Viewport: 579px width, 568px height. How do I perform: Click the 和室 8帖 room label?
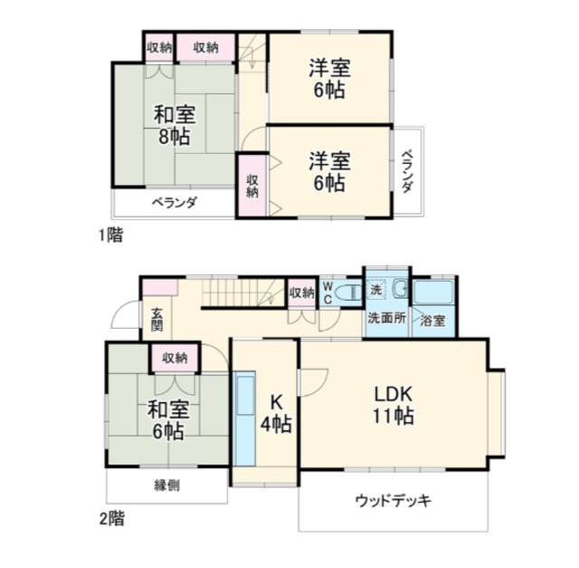pyautogui.click(x=175, y=125)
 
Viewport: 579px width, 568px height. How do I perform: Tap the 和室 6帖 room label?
pyautogui.click(x=168, y=420)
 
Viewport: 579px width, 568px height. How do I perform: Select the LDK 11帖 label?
pyautogui.click(x=393, y=405)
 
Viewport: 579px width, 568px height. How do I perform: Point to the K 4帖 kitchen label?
pyautogui.click(x=276, y=413)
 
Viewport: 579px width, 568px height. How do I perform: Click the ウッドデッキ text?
pyautogui.click(x=394, y=501)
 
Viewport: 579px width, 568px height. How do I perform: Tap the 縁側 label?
pyautogui.click(x=167, y=486)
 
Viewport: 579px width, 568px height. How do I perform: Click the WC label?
pyautogui.click(x=327, y=293)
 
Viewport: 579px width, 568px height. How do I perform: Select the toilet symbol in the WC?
pyautogui.click(x=349, y=292)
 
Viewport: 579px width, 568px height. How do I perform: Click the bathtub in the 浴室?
pyautogui.click(x=433, y=293)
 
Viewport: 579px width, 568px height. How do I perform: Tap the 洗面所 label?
pyautogui.click(x=386, y=318)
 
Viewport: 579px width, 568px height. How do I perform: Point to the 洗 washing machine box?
pyautogui.click(x=376, y=289)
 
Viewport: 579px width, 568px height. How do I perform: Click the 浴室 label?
pyautogui.click(x=432, y=321)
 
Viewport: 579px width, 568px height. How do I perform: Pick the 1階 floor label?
pyautogui.click(x=110, y=235)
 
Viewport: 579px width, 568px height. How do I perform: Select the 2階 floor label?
pyautogui.click(x=112, y=518)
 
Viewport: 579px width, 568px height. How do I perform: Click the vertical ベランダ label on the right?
pyautogui.click(x=407, y=171)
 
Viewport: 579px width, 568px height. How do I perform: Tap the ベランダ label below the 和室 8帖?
pyautogui.click(x=175, y=203)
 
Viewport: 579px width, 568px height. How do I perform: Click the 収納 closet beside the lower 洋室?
pyautogui.click(x=252, y=186)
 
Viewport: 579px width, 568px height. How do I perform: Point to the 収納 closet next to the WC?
pyautogui.click(x=302, y=293)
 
